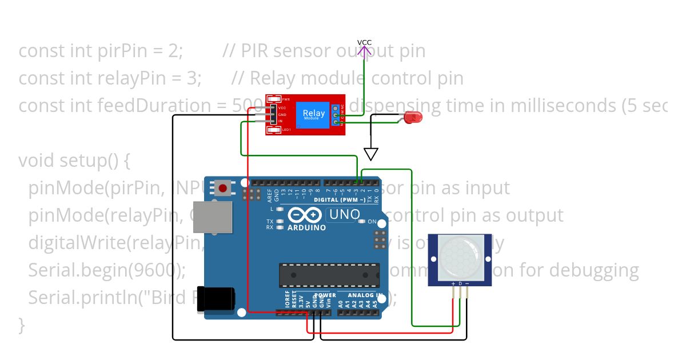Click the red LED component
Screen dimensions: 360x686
pos(413,118)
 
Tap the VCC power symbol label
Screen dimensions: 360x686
pos(364,42)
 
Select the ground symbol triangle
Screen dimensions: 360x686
pos(371,154)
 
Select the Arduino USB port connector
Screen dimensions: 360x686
pos(213,217)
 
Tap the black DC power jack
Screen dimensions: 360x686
pos(216,299)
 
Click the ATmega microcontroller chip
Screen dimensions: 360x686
pos(329,275)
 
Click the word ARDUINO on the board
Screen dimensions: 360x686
pos(306,227)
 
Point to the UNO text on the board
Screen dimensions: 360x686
pos(343,215)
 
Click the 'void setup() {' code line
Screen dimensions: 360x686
pos(74,161)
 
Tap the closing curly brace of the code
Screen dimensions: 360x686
pos(22,325)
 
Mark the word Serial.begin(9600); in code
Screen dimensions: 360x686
pos(107,270)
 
